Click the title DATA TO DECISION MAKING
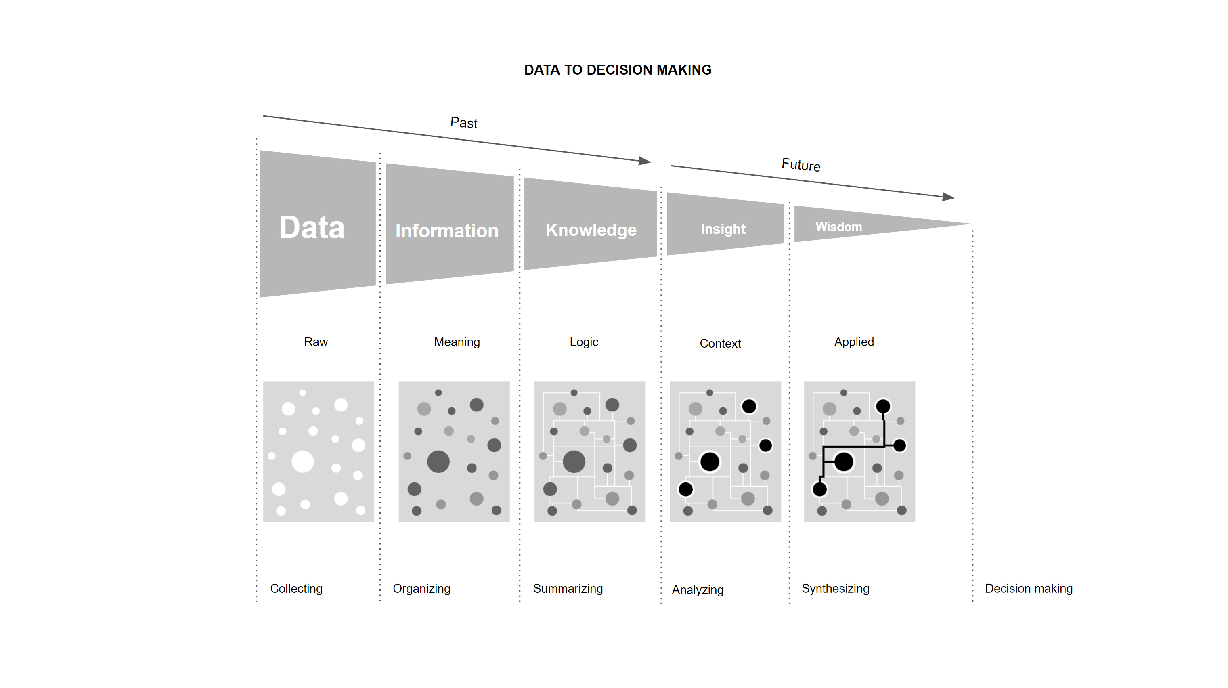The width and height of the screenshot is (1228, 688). point(617,70)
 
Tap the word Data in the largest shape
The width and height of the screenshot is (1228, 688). point(312,227)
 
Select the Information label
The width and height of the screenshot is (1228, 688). point(447,231)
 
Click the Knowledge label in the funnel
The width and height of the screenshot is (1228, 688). point(591,230)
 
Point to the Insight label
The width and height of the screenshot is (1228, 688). point(723,229)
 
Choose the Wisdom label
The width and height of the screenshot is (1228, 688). point(838,227)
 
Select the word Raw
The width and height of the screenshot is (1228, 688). point(316,342)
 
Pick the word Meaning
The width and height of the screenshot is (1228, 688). point(457,342)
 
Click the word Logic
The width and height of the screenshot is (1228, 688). point(583,342)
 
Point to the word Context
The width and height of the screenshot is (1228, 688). point(720,343)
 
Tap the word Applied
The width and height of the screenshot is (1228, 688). point(854,342)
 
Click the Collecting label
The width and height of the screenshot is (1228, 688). point(296,588)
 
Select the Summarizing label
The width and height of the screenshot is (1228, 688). point(568,588)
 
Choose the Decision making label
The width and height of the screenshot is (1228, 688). point(1029,588)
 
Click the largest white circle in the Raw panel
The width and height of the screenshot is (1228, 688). point(303,461)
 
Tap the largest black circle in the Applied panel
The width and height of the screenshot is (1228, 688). point(844,461)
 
